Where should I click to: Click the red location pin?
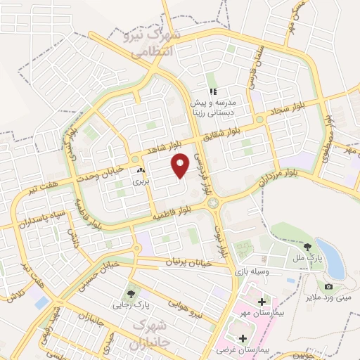[181, 167]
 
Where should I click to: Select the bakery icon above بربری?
[141, 170]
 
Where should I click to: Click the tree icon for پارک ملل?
[308, 247]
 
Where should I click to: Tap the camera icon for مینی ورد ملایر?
[328, 286]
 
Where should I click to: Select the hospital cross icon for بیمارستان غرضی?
[243, 338]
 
